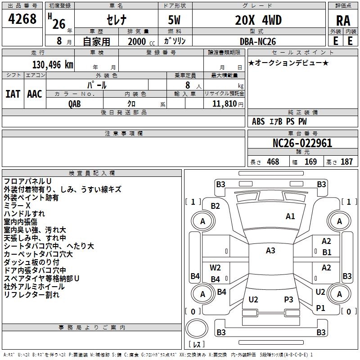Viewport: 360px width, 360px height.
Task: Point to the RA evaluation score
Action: [343, 21]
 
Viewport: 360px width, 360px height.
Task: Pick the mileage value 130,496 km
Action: [52, 65]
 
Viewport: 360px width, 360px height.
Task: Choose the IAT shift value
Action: [13, 94]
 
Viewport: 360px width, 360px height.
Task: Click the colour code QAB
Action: [75, 103]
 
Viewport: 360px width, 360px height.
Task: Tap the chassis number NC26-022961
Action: [302, 144]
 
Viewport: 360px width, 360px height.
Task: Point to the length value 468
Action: [273, 162]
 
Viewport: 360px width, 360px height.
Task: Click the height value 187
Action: [346, 162]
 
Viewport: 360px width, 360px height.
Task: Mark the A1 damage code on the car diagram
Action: [290, 216]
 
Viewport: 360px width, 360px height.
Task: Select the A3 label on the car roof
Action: [270, 251]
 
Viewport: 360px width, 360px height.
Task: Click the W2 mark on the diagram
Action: [215, 268]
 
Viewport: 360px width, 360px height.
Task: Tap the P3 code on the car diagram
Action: [288, 299]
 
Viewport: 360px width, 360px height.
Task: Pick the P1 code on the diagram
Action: [320, 308]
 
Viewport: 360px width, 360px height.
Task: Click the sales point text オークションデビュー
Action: [288, 63]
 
